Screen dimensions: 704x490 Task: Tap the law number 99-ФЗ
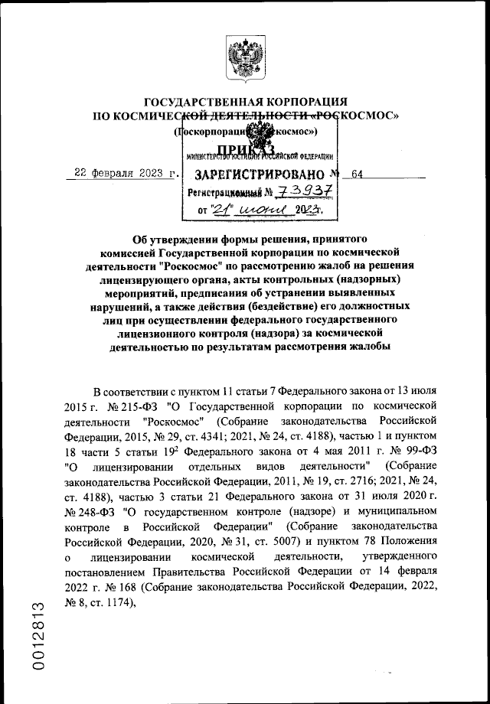[x=420, y=450]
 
